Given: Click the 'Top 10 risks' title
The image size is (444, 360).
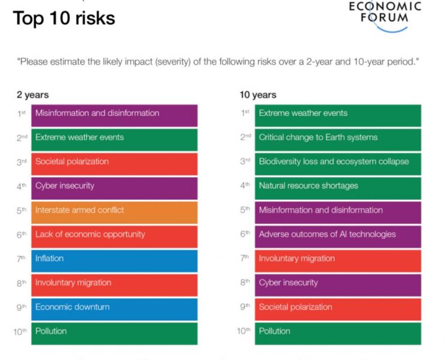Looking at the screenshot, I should click(x=64, y=18).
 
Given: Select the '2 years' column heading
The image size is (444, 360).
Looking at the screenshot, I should click(x=33, y=95).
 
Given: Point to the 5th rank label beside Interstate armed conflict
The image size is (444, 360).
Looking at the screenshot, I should click(x=22, y=211).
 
